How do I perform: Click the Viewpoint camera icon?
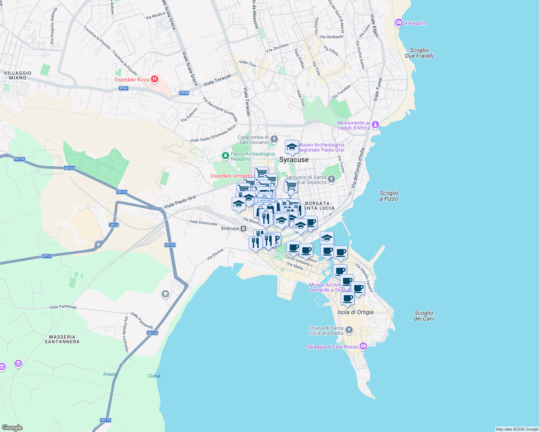click(398, 23)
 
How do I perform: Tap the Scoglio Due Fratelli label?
click(419, 53)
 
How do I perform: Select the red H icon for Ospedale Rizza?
click(155, 79)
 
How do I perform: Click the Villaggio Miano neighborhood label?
click(18, 75)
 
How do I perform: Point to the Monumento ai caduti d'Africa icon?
click(375, 125)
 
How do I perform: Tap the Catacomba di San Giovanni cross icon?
click(274, 139)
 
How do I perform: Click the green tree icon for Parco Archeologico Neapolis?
click(225, 156)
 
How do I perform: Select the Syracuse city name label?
click(294, 159)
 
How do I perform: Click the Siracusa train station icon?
click(244, 228)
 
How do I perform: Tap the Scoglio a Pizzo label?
click(389, 196)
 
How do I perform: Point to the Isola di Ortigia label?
click(355, 312)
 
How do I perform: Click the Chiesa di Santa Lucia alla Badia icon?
click(349, 330)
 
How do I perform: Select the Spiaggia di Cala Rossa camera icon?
click(363, 346)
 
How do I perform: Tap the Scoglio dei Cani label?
click(424, 316)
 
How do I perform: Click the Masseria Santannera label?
click(62, 339)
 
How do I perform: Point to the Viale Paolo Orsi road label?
click(180, 202)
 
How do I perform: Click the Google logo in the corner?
click(12, 427)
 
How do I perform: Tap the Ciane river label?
click(154, 376)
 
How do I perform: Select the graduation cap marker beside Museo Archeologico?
click(292, 147)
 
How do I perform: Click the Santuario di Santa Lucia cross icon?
click(331, 179)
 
